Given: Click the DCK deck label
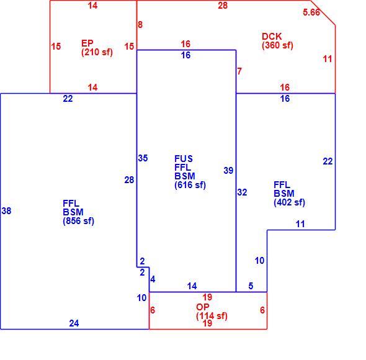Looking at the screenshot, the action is pos(272,37).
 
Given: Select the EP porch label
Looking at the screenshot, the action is pos(87,43).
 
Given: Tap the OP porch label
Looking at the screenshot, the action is pos(203,307).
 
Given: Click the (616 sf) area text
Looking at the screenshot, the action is pos(190,185).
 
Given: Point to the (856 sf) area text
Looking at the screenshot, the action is pos(78,221).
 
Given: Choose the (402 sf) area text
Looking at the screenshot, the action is pos(289,202).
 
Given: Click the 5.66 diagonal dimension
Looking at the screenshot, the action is pos(311,12).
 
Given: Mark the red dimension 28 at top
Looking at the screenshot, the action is pos(223,6).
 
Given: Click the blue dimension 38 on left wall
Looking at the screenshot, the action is pos(6,211).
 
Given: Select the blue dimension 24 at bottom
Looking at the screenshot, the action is pos(74,323).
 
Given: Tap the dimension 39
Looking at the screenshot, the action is pos(228,171).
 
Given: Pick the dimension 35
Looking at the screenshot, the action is pos(143,158).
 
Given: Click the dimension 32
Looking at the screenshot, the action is pos(242,192).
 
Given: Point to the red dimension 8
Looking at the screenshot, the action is pos(140,25).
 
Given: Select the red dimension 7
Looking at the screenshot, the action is pos(239,71).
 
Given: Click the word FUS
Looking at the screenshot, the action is pos(184,159).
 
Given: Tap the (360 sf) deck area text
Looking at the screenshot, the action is pos(277,45).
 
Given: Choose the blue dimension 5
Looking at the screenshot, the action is pos(251,286).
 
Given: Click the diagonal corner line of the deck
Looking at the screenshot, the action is pos(323,12).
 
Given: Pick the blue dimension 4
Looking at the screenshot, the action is pos(153,279).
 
